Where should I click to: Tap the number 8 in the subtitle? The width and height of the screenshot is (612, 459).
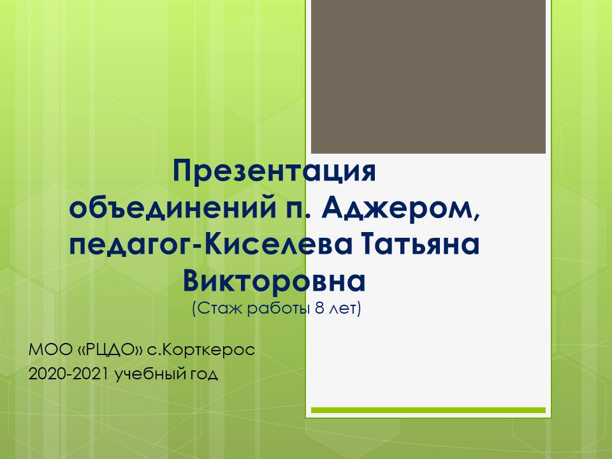pos(319,309)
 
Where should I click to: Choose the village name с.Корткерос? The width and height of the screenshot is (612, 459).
pos(201,350)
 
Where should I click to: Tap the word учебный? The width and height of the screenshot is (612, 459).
pos(150,374)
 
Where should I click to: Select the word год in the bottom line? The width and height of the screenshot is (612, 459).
pos(203,375)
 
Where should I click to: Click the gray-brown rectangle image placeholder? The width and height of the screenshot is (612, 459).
pos(428,76)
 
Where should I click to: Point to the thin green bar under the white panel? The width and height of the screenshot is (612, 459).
pos(428,410)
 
